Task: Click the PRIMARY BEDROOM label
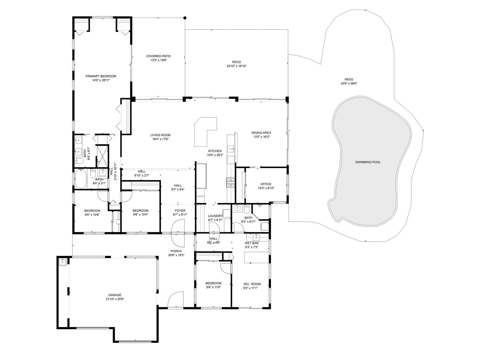[101, 76]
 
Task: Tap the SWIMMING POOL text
[368, 162]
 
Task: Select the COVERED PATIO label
[158, 56]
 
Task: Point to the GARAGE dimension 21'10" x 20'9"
[115, 299]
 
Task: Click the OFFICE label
[266, 184]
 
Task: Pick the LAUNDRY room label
[215, 216]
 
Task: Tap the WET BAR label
[252, 243]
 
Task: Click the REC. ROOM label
[252, 284]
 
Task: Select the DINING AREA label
[261, 133]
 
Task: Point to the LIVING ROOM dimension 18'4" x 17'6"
[160, 139]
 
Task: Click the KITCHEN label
[215, 151]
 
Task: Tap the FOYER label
[180, 211]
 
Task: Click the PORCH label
[176, 251]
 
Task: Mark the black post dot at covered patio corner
[185, 18]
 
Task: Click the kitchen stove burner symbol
[230, 182]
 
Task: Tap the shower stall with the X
[102, 156]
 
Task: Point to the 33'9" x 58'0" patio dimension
[349, 83]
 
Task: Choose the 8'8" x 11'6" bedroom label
[213, 283]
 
